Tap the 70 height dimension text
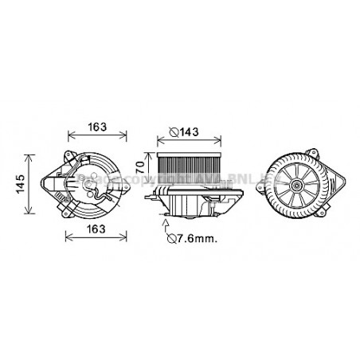[x=141, y=168]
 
